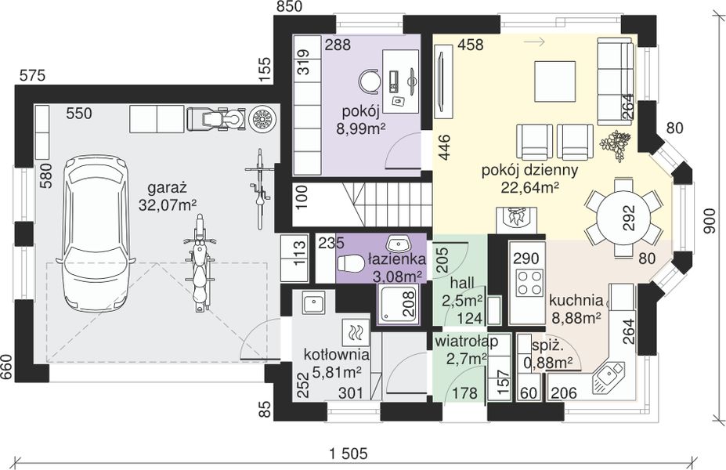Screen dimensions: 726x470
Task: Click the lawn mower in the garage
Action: tap(217, 118)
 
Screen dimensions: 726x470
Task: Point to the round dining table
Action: tap(623, 217)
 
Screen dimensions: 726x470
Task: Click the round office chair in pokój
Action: tap(370, 81)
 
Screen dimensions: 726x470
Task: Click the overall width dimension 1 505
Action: tap(348, 454)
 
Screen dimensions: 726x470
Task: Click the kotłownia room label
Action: tap(337, 355)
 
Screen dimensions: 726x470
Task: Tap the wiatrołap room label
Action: tap(466, 342)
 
